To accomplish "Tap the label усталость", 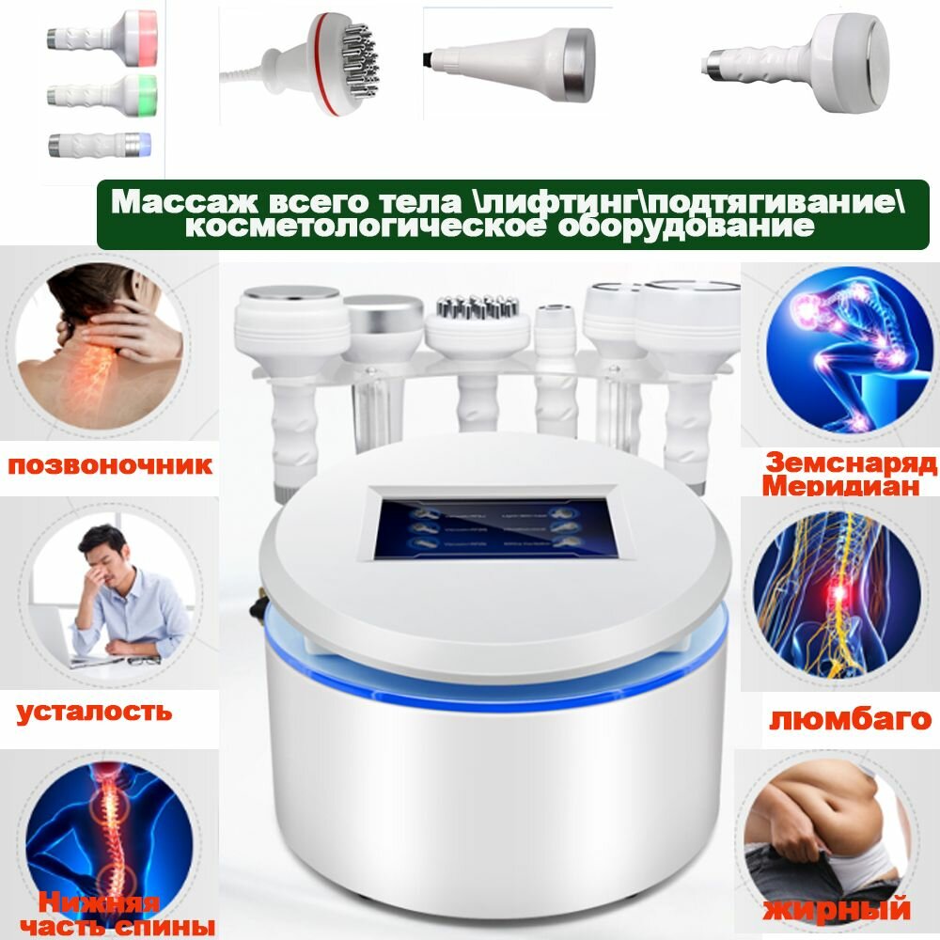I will (94, 711).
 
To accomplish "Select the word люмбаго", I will (850, 719).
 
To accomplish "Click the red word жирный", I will (837, 909).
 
